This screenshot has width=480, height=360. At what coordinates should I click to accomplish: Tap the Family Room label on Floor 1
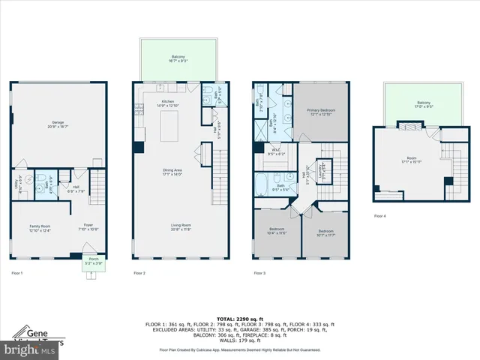tap(40, 227)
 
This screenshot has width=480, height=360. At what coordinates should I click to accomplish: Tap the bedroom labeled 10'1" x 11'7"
tap(325, 232)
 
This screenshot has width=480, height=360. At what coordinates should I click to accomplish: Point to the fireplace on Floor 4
tap(447, 181)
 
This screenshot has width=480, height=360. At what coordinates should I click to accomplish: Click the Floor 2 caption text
tap(139, 273)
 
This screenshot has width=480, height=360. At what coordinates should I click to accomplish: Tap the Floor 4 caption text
tap(381, 216)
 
